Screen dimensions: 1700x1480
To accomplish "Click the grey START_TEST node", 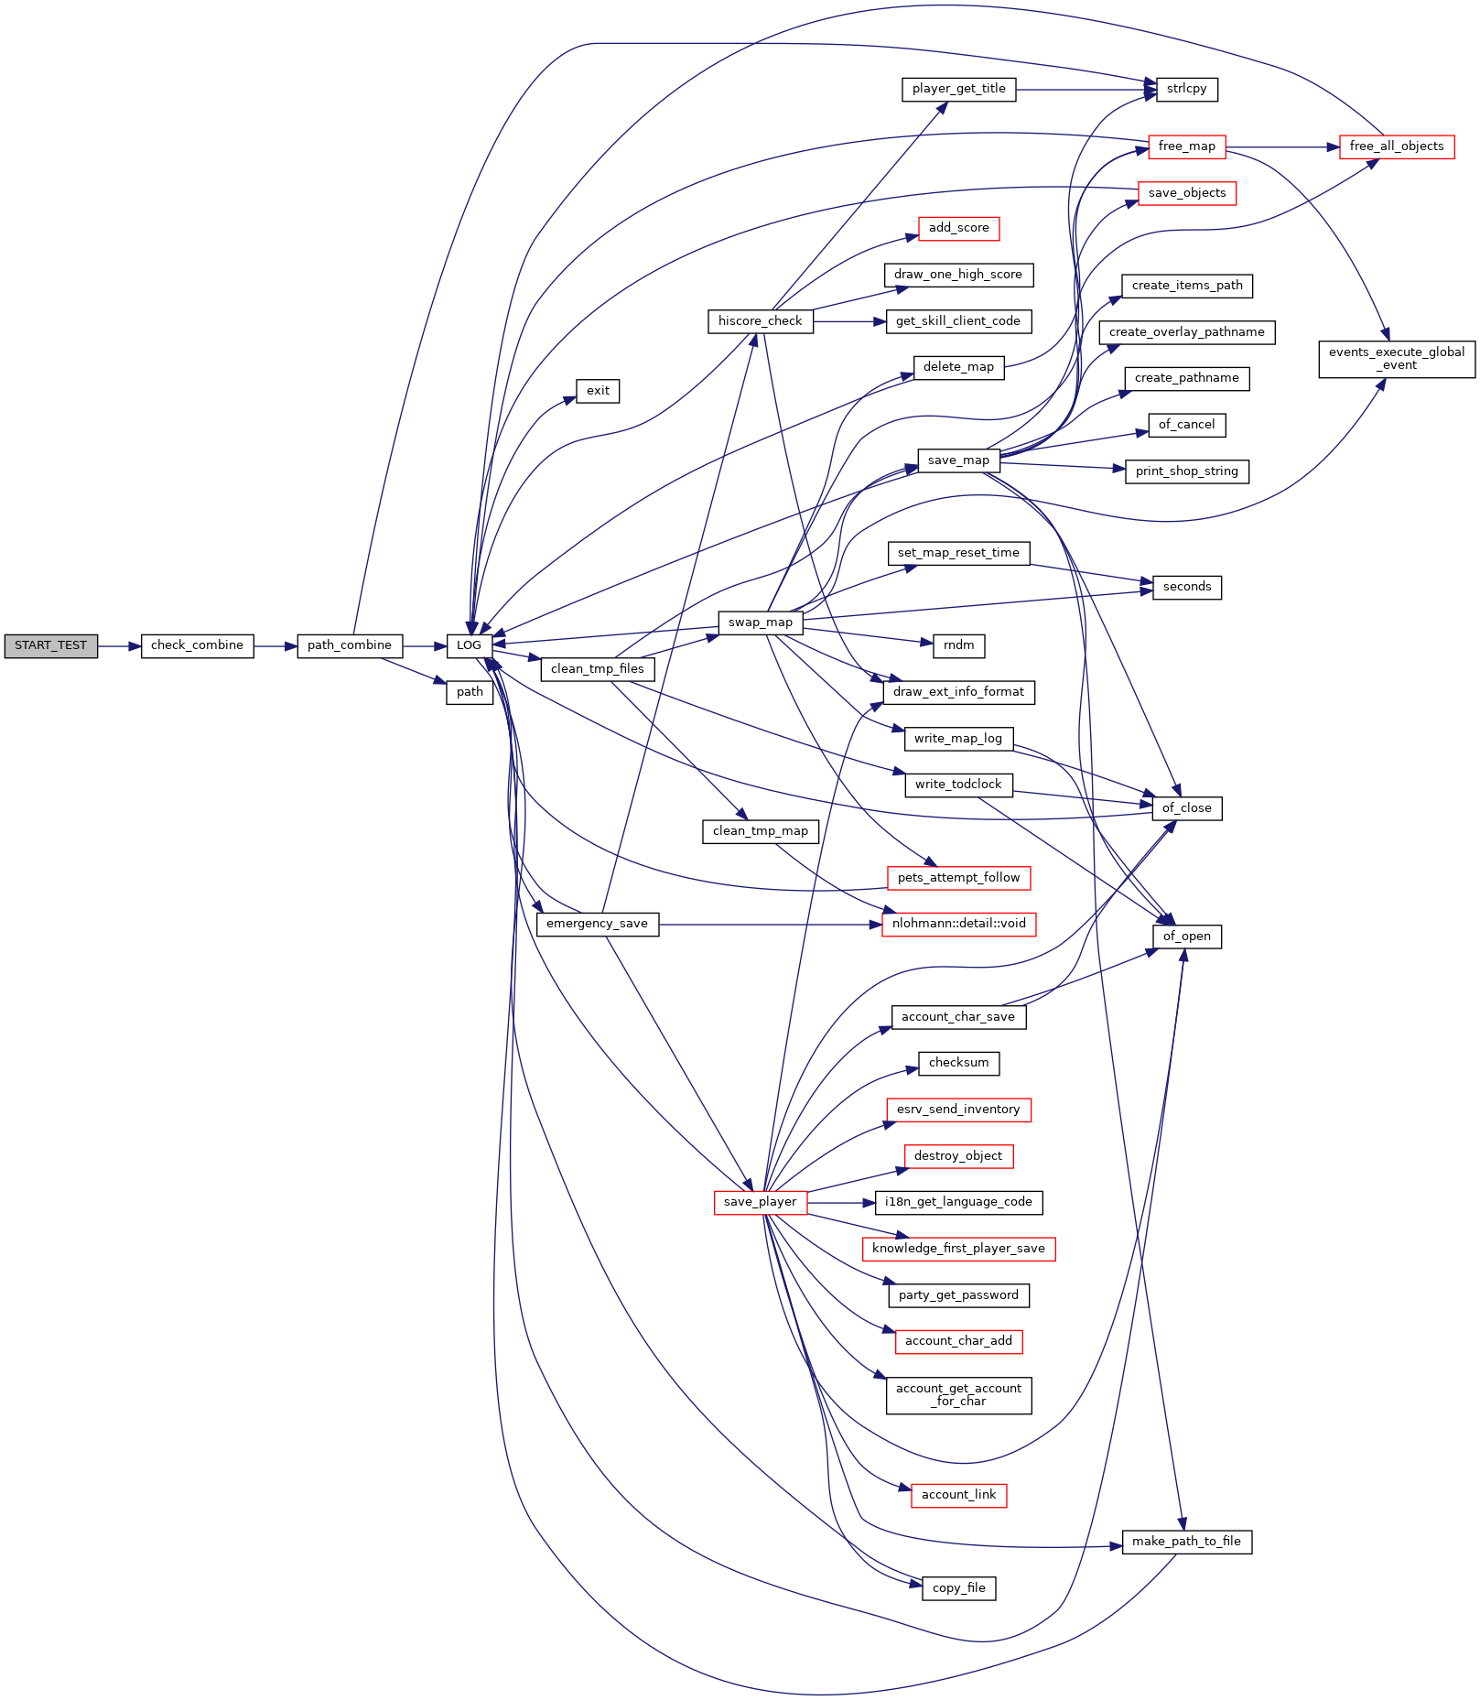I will pyautogui.click(x=50, y=645).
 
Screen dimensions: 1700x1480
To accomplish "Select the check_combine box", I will pyautogui.click(x=197, y=645).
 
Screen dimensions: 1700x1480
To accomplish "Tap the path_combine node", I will pyautogui.click(x=349, y=645).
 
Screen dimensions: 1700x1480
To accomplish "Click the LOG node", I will pyautogui.click(x=469, y=645).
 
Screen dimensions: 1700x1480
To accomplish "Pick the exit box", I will pyautogui.click(x=598, y=391).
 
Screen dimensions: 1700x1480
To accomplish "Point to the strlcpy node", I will pyautogui.click(x=1186, y=89).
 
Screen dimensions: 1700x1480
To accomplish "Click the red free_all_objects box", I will pyautogui.click(x=1396, y=146).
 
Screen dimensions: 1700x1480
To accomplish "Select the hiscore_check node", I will pyautogui.click(x=760, y=321).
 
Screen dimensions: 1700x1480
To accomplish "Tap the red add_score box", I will pyautogui.click(x=958, y=228).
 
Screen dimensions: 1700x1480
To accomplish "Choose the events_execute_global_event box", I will pyautogui.click(x=1396, y=359).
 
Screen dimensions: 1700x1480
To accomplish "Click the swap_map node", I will pyautogui.click(x=760, y=623).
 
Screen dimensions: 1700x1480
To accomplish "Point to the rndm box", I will pyautogui.click(x=958, y=645).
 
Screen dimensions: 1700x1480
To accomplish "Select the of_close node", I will pyautogui.click(x=1186, y=808).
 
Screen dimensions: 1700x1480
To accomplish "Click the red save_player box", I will pyautogui.click(x=760, y=1202).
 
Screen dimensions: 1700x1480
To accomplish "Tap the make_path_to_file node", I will pyautogui.click(x=1186, y=1542).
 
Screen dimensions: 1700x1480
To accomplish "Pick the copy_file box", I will pyautogui.click(x=958, y=1588).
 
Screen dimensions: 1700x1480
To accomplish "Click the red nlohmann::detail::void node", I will pyautogui.click(x=958, y=924).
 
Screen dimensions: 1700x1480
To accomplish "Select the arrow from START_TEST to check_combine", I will pyautogui.click(x=119, y=645).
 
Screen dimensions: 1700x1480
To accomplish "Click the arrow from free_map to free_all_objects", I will pyautogui.click(x=1281, y=146).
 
